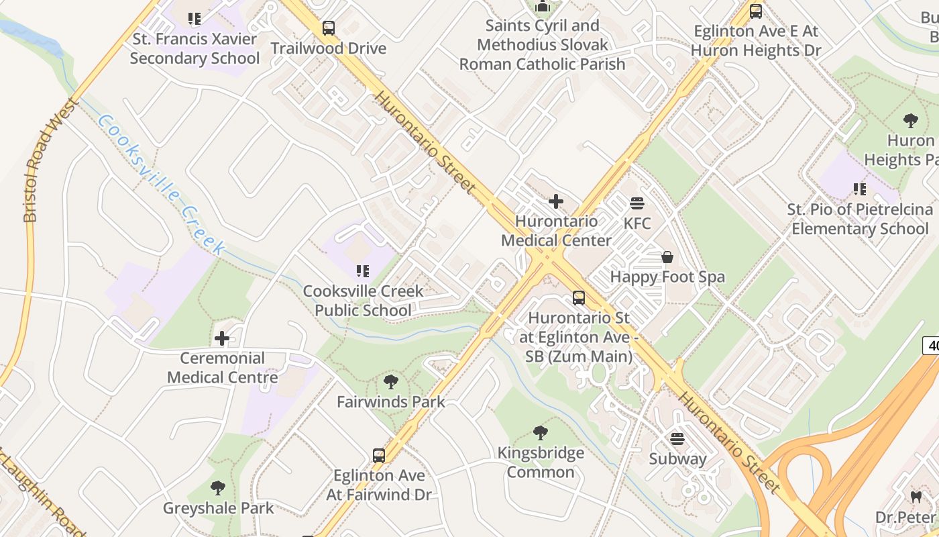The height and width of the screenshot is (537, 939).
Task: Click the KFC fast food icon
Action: [x=637, y=203]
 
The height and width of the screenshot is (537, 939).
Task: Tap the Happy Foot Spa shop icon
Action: [x=667, y=257]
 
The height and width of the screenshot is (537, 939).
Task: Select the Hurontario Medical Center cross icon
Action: [x=556, y=201]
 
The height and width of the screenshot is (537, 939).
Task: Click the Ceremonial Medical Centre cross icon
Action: [x=222, y=338]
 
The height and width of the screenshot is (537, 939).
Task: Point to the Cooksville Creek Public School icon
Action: [x=363, y=271]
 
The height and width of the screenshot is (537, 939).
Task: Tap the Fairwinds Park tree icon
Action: [x=391, y=383]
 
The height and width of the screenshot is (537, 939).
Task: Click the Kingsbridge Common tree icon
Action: [x=540, y=433]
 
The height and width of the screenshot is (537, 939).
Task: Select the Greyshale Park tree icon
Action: [x=218, y=488]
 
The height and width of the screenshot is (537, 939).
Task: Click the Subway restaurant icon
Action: [x=677, y=439]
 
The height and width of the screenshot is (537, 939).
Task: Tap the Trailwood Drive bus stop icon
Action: [x=328, y=28]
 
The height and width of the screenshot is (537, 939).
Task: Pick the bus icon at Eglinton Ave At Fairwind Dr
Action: [x=379, y=456]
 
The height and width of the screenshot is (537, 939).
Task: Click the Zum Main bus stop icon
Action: [x=578, y=298]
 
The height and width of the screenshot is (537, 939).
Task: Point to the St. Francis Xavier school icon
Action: [x=195, y=18]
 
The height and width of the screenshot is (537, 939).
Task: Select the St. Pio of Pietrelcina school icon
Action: [x=860, y=189]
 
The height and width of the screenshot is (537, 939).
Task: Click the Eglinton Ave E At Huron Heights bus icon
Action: [x=756, y=11]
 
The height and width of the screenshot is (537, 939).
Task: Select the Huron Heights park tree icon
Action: [x=910, y=121]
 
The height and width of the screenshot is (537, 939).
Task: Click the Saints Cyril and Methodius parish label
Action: [x=542, y=45]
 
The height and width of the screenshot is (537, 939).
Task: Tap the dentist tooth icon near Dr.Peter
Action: [x=916, y=497]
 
